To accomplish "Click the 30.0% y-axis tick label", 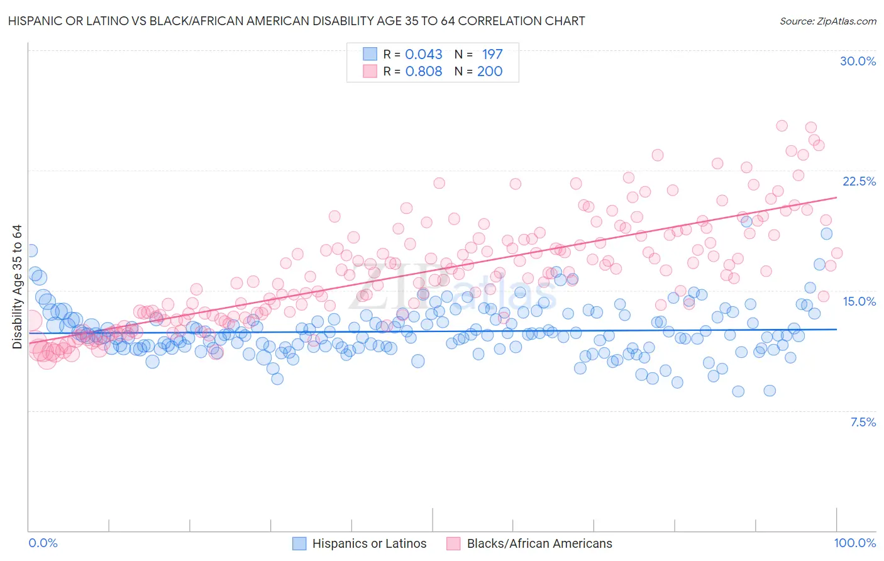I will (x=858, y=61).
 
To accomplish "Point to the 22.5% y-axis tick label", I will (x=859, y=181).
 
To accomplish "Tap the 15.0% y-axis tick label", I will (x=859, y=301).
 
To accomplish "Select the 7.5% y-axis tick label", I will (x=863, y=422).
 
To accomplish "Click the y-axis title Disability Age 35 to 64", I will (x=17, y=287).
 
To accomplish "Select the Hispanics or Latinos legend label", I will (x=369, y=544).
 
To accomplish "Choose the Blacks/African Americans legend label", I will (x=539, y=544).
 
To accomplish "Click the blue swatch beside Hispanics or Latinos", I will (x=299, y=544).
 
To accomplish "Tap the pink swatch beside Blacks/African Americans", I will (x=453, y=544).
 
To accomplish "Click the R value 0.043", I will (x=424, y=54).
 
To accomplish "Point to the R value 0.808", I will (x=424, y=71).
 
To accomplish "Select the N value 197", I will (x=492, y=54).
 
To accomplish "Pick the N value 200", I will (x=490, y=71).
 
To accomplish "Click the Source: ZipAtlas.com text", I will (x=827, y=21).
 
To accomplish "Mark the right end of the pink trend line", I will (x=837, y=197).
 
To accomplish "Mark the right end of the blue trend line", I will (x=837, y=329).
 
